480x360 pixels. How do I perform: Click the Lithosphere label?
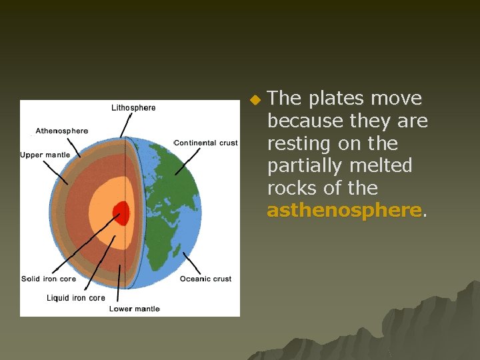point(133,107)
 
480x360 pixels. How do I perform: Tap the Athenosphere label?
point(61,131)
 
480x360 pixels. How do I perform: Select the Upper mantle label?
point(45,155)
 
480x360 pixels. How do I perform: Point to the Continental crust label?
point(205,143)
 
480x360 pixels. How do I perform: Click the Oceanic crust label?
point(205,279)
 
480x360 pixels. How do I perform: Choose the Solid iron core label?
point(49,279)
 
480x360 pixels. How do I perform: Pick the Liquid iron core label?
point(76,297)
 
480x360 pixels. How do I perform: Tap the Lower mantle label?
point(134,309)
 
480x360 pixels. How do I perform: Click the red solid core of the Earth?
point(121,213)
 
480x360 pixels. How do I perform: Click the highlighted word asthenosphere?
point(344,211)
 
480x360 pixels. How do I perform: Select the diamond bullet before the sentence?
point(253,100)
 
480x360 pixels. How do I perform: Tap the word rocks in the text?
point(294,188)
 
